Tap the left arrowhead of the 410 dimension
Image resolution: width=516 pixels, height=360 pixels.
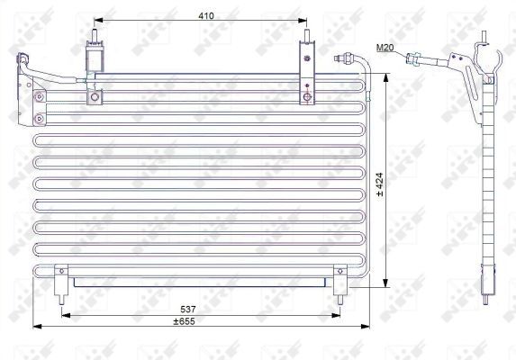97,20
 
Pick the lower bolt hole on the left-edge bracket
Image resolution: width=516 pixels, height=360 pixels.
39,118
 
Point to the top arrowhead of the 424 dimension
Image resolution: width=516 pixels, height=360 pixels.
387,78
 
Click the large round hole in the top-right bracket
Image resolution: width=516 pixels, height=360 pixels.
308,95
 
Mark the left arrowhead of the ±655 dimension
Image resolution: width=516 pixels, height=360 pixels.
34,325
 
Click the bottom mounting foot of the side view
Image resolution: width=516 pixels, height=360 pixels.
489,288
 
